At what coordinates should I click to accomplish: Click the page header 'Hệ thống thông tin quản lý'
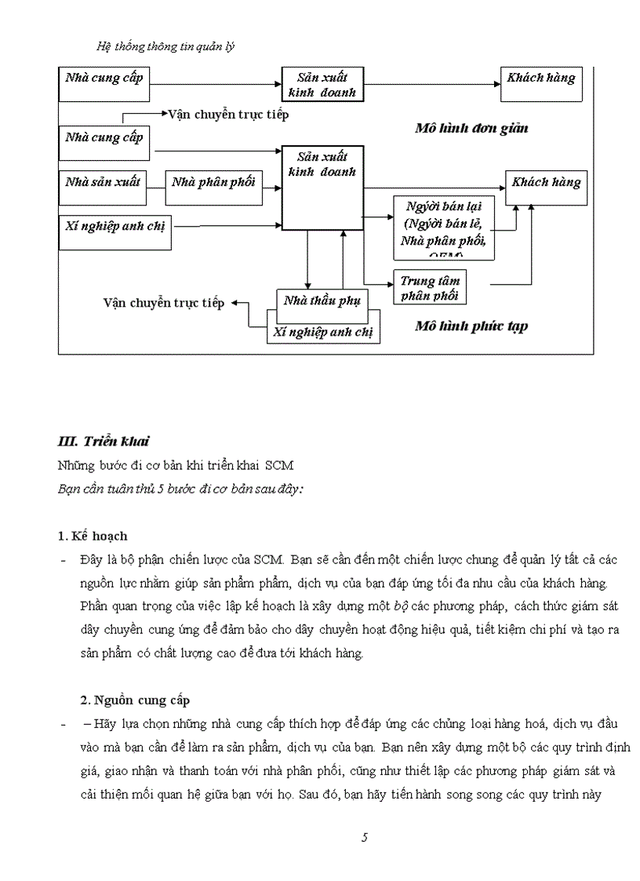pyautogui.click(x=165, y=46)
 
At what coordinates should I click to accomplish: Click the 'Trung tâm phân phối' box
pyautogui.click(x=430, y=288)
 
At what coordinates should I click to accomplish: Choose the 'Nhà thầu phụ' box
pyautogui.click(x=322, y=301)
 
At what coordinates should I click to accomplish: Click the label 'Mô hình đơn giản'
pyautogui.click(x=471, y=129)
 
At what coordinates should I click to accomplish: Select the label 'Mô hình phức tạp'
pyautogui.click(x=471, y=326)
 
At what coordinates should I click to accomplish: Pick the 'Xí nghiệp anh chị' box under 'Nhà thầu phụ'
pyautogui.click(x=322, y=332)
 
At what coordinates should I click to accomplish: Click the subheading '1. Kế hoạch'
pyautogui.click(x=93, y=536)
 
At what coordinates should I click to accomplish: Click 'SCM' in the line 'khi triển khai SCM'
pyautogui.click(x=278, y=465)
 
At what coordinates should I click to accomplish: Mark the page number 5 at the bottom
pyautogui.click(x=365, y=837)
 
